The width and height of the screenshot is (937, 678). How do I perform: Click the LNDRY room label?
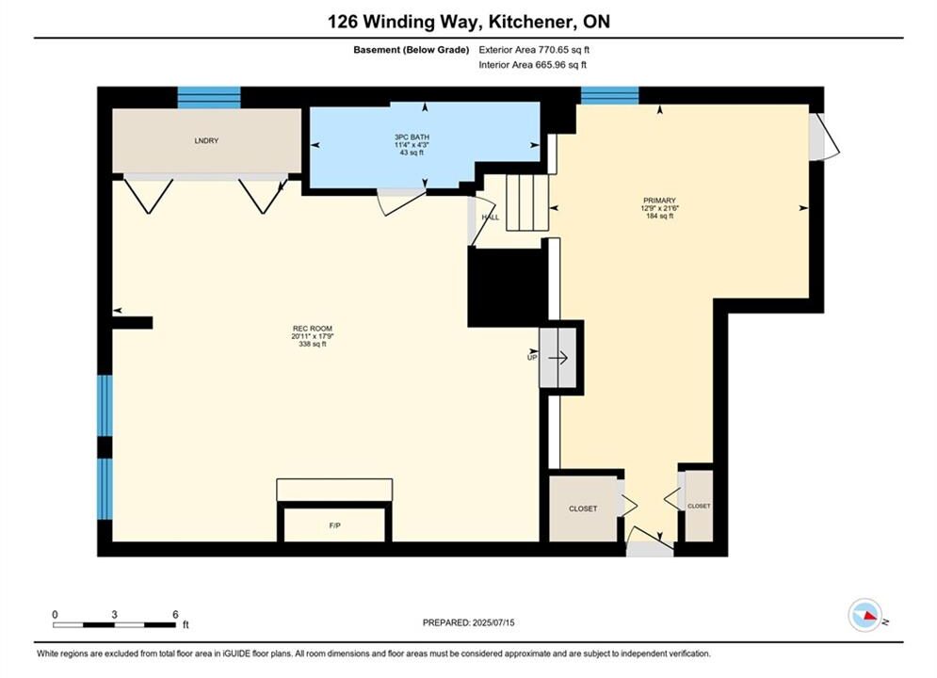(206, 141)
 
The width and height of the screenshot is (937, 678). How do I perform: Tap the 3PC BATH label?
(412, 137)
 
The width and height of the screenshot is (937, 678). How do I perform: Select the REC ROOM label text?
(313, 329)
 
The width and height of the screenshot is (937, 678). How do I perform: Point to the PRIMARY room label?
(660, 201)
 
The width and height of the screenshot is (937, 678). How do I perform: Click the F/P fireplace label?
(334, 525)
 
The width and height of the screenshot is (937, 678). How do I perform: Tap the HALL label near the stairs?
(491, 218)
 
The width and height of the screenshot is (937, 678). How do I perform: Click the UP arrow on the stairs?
(558, 358)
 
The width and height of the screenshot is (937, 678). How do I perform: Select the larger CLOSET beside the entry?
(583, 508)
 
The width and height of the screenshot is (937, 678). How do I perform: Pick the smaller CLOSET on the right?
(699, 506)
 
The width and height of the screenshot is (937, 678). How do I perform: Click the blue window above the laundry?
(209, 97)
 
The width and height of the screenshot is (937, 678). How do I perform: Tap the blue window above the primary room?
(610, 95)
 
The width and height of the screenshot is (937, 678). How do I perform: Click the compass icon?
(864, 615)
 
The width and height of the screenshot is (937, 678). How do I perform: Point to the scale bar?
(115, 625)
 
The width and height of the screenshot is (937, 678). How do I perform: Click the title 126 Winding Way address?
(469, 22)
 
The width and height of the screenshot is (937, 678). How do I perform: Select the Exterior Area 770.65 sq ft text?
(534, 50)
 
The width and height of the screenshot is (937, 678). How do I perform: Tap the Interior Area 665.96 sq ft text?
(532, 65)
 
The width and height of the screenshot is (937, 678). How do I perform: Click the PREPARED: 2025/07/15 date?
(469, 622)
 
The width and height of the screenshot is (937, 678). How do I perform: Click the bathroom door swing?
(401, 202)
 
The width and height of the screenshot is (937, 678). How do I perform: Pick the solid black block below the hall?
(508, 287)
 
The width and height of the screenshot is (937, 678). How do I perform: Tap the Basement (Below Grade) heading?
(412, 50)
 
